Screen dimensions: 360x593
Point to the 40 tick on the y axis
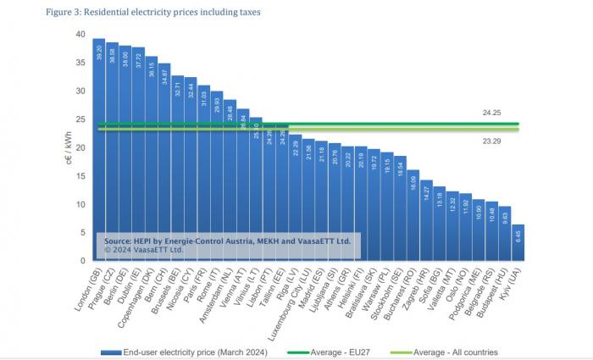point(80,35)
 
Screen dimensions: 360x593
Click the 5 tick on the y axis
point(82,232)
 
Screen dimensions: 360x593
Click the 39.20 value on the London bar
point(99,53)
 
